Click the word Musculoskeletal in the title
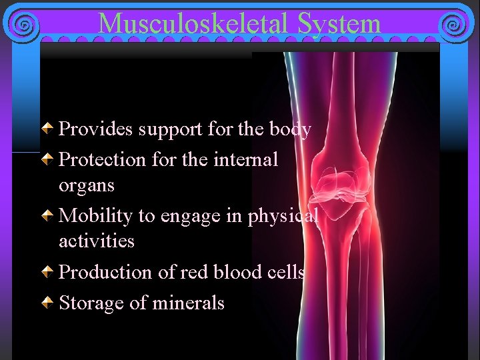click(x=194, y=24)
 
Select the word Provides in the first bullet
click(x=96, y=129)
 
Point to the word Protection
click(x=102, y=159)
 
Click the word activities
click(x=97, y=240)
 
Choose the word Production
click(x=102, y=272)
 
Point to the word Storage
click(x=91, y=303)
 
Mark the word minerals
click(x=188, y=303)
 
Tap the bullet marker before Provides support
click(x=50, y=129)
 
